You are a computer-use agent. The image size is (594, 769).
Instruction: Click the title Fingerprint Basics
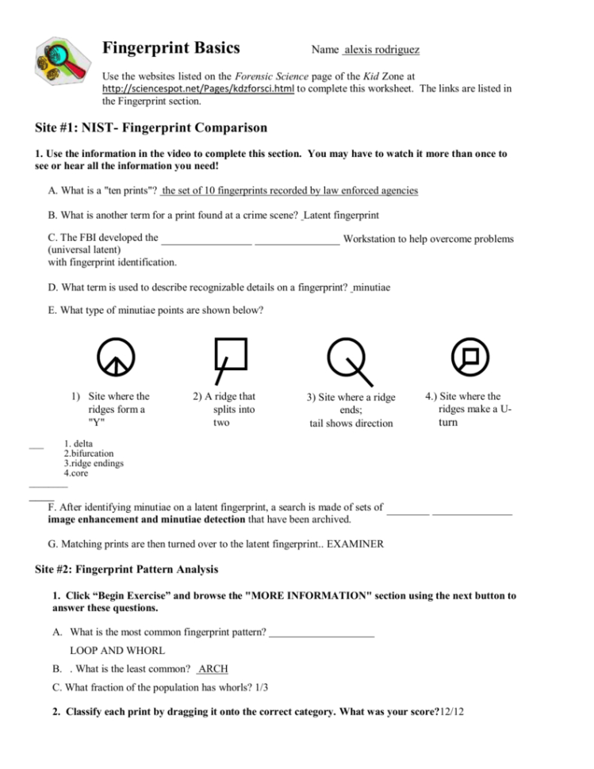171,48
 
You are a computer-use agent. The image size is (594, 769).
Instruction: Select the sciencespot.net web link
198,90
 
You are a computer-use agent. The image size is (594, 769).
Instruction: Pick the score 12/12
451,712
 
